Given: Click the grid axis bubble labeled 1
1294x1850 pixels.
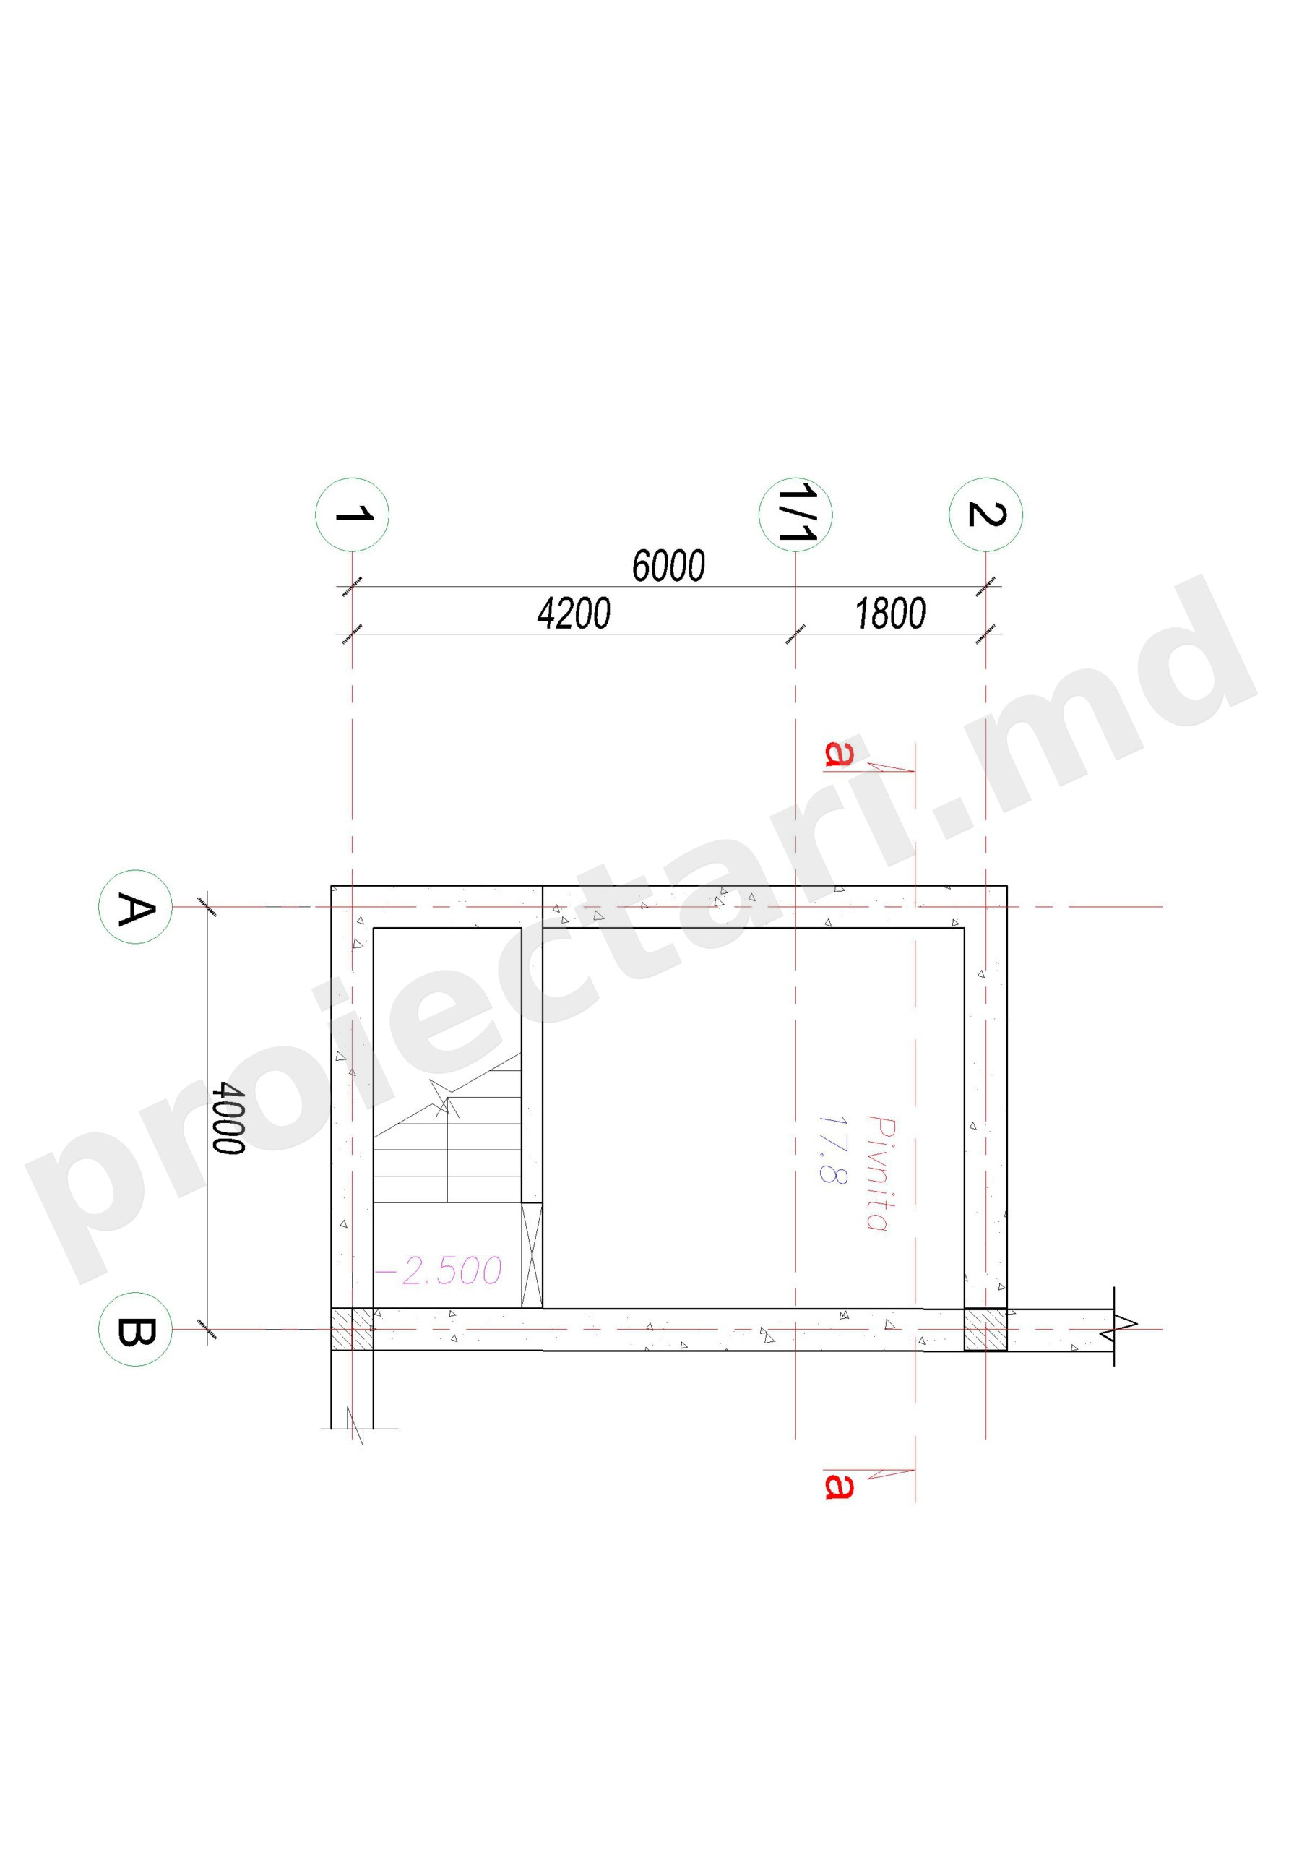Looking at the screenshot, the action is (x=351, y=514).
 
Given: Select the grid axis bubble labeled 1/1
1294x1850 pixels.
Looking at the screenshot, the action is (x=795, y=514).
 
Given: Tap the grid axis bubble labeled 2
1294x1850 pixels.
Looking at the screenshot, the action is (x=985, y=514).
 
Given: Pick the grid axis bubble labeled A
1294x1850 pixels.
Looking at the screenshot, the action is (x=135, y=906).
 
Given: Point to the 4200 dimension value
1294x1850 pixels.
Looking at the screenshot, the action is (x=574, y=614).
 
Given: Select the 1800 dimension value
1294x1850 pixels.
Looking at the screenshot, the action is (x=889, y=614).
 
